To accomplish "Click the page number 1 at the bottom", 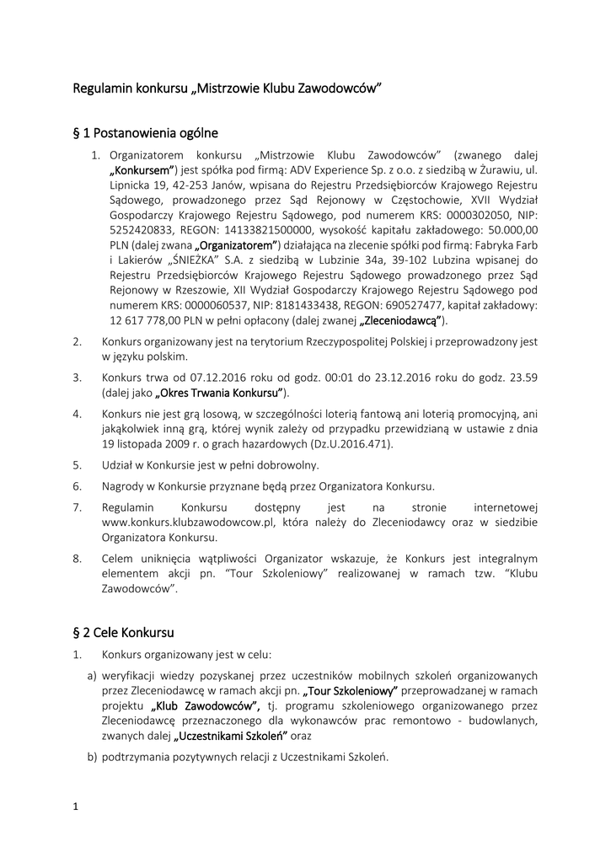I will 76,807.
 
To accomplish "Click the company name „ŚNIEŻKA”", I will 200,261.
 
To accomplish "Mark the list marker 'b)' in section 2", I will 92,757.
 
